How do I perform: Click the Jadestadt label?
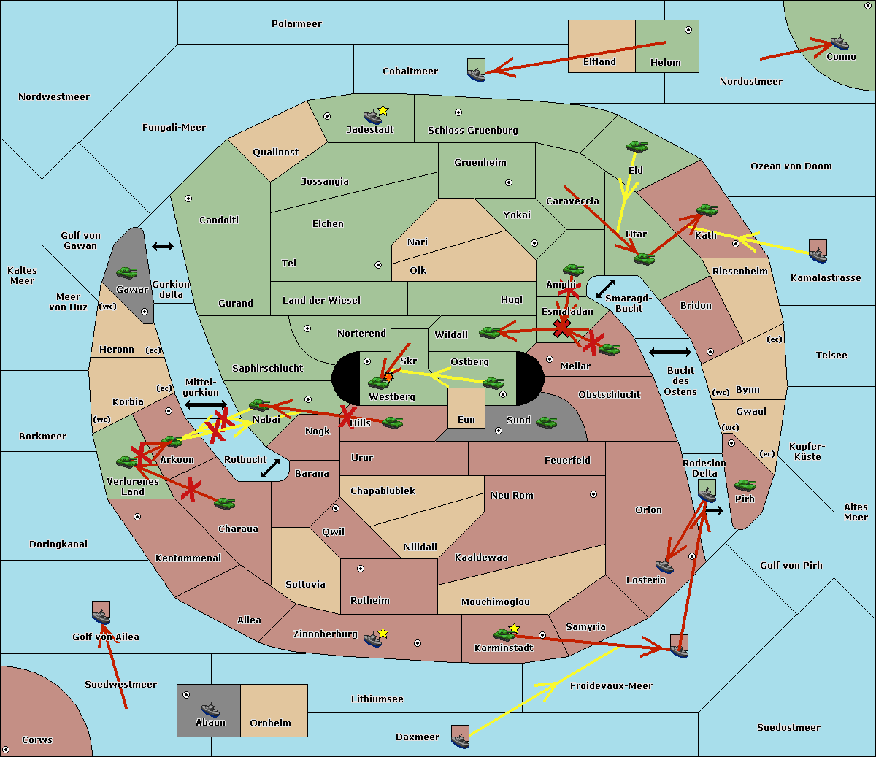tap(369, 130)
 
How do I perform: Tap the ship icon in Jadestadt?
tap(373, 117)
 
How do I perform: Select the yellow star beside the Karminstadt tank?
tap(515, 628)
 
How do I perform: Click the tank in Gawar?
tap(126, 273)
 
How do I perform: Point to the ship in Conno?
tap(838, 42)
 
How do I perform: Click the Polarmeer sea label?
tap(296, 24)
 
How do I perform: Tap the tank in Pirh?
tap(745, 485)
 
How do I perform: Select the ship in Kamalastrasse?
tap(818, 253)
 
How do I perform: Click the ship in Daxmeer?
tap(460, 739)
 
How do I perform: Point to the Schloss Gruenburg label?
tap(472, 131)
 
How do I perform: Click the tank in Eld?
tap(637, 147)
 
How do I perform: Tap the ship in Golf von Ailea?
tap(101, 617)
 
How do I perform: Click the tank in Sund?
tap(546, 422)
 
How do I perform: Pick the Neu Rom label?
tap(512, 496)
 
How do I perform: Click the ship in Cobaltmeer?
tap(475, 73)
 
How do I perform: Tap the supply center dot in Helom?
tap(688, 30)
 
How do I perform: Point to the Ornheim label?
tap(270, 723)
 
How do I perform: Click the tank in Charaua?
tap(224, 503)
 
